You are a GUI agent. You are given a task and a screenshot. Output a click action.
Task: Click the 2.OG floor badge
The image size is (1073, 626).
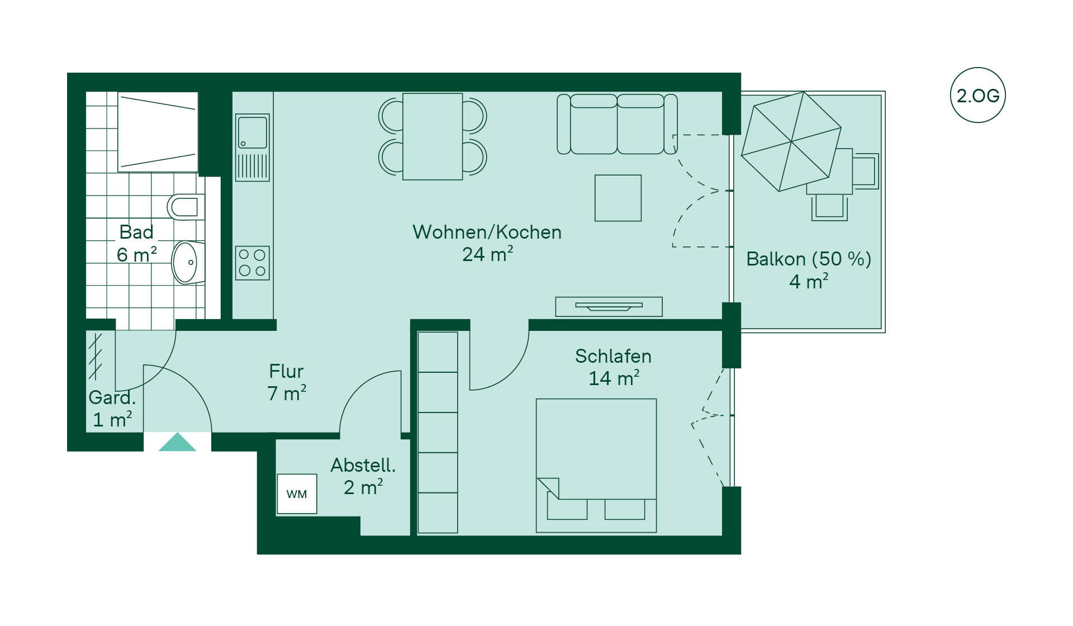tap(977, 95)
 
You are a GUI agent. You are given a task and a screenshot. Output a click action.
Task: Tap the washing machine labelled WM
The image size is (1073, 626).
tap(297, 494)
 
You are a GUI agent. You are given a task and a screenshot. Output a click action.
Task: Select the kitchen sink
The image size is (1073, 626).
tap(253, 148)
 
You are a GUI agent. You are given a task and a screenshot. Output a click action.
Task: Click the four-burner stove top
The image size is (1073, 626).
tap(252, 263)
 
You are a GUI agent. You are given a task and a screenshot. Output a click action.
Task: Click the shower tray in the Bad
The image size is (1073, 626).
tap(158, 132)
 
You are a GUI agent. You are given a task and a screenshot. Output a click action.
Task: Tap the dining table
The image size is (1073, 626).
tap(433, 136)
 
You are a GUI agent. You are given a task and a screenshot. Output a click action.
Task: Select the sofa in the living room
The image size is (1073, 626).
tap(617, 124)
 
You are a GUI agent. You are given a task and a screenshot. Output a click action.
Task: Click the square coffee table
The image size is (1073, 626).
tap(618, 198)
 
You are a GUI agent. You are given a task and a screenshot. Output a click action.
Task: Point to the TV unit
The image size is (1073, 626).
tap(609, 307)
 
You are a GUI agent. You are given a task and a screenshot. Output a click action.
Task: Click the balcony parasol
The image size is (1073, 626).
tap(791, 141)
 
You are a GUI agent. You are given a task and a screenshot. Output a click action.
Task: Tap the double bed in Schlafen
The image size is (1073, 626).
tap(596, 465)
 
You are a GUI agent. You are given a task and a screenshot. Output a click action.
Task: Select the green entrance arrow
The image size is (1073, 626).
tap(177, 442)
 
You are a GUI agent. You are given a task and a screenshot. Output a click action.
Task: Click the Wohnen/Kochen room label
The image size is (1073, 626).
tap(487, 232)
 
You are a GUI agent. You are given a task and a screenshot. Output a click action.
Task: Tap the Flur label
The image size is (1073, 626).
tap(286, 371)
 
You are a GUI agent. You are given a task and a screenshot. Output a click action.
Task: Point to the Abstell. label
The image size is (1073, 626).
tap(363, 465)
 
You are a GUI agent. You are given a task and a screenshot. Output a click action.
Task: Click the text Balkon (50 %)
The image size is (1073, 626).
tap(809, 259)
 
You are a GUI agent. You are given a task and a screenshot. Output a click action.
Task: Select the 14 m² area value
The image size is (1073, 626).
tap(614, 378)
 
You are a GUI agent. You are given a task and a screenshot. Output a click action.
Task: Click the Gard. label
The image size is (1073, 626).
tap(112, 397)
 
